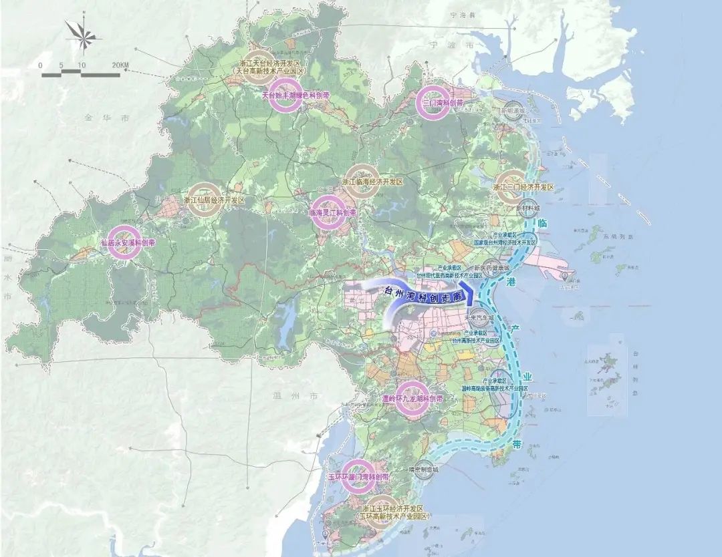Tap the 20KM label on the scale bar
tap(121, 65)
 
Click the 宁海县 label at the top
tap(461, 14)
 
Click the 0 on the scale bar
tap(41, 65)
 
